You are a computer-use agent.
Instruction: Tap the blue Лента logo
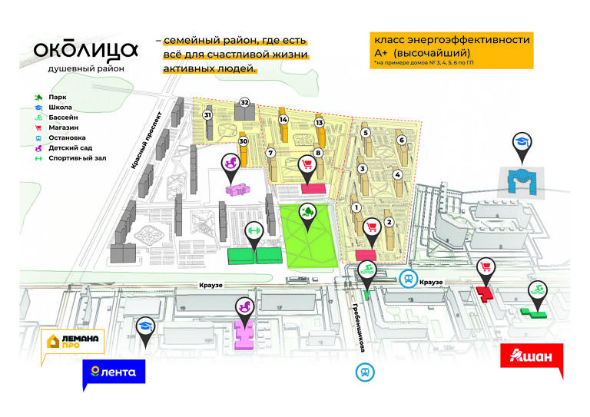click(x=114, y=372)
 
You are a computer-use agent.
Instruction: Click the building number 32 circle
click(x=245, y=102)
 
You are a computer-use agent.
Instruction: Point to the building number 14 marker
click(x=283, y=121)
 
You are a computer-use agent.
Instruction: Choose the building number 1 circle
click(x=355, y=207)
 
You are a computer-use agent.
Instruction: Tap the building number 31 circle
click(x=207, y=115)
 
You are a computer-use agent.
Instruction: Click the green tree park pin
click(x=307, y=212)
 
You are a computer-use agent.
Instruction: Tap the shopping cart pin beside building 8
click(x=307, y=165)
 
